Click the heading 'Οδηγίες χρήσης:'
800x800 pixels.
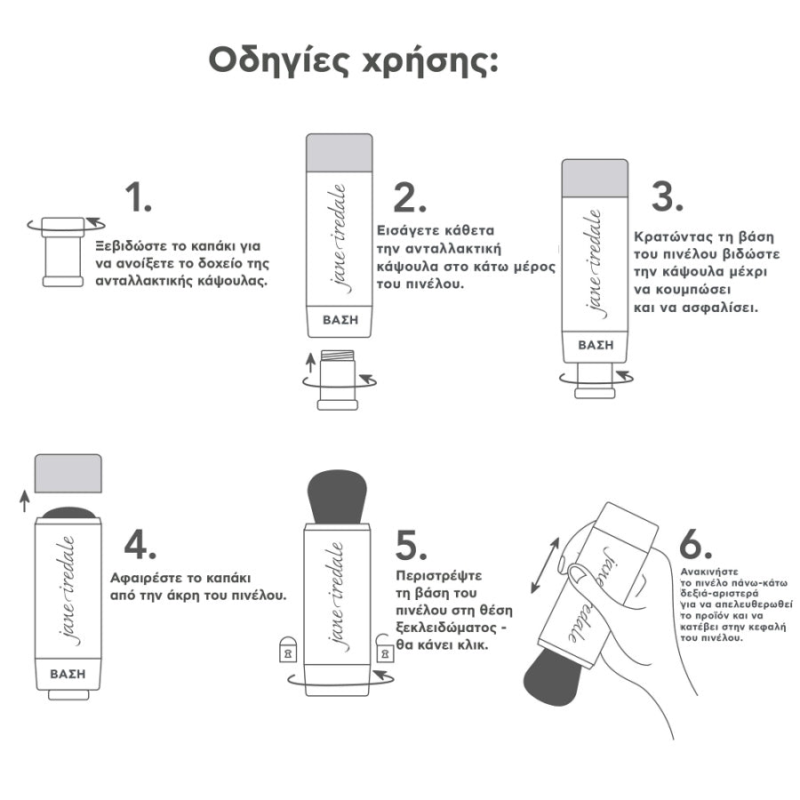(354, 60)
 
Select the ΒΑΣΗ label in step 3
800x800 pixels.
(595, 345)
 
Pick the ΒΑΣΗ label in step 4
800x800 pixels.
(68, 673)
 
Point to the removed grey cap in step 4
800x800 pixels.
(68, 472)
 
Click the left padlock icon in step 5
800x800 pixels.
(288, 650)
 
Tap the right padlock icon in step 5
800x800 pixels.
(385, 650)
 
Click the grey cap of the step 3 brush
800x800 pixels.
(595, 178)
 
